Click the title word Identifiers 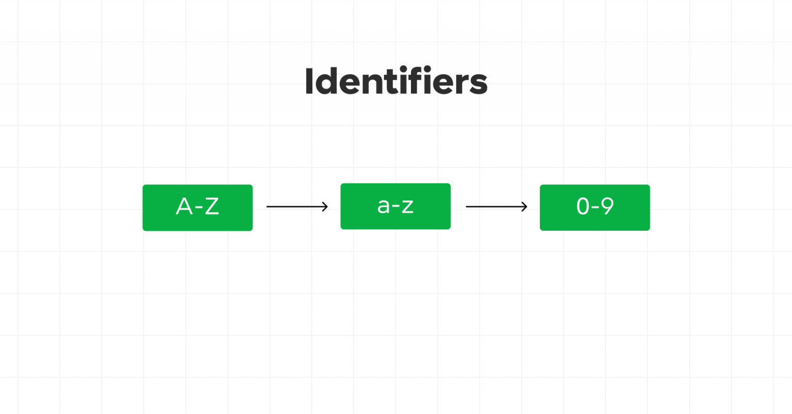coord(396,81)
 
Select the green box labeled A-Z coord(197,208)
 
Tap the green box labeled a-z coord(395,206)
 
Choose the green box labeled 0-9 coord(595,208)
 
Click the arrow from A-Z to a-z coord(297,206)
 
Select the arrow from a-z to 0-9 coord(497,206)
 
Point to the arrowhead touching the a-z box coord(325,206)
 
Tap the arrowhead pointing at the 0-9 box coord(524,206)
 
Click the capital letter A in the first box coord(184,206)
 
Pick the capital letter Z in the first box coord(212,206)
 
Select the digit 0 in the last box coord(583,206)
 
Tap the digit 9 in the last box coord(607,206)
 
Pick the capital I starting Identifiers coord(308,81)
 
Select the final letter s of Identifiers coord(478,84)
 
